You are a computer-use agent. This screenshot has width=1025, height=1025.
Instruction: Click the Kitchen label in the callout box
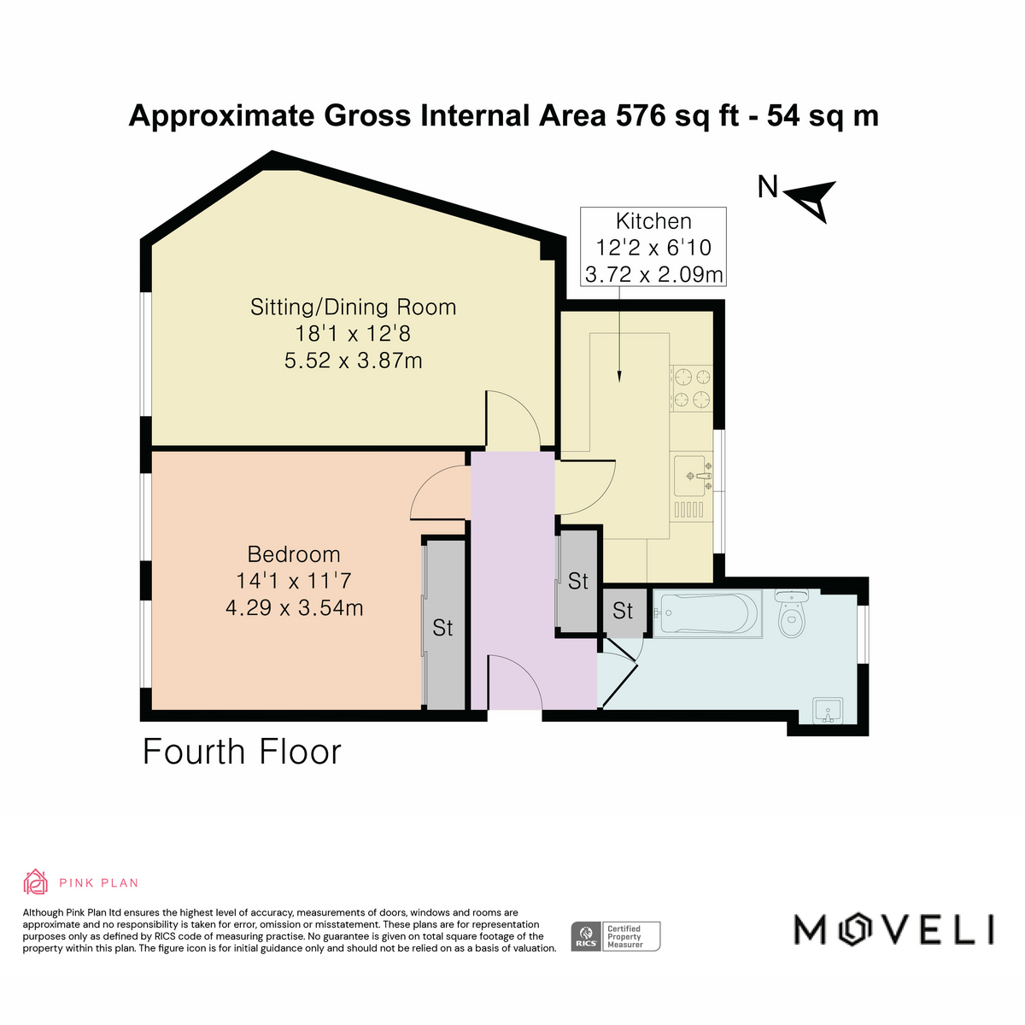click(653, 220)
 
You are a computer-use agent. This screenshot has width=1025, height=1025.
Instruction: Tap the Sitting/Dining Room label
click(353, 307)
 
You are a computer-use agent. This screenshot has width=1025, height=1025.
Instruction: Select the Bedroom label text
click(294, 554)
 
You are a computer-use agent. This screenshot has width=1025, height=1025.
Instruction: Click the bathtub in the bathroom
click(707, 613)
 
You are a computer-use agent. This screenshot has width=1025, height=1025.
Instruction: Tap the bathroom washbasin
click(829, 712)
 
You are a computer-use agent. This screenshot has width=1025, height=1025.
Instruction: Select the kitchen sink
click(692, 476)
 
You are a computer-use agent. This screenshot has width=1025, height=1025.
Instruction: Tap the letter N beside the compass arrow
click(768, 187)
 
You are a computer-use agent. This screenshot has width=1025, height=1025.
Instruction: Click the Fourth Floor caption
click(242, 753)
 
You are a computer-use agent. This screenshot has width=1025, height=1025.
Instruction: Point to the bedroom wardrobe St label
click(442, 628)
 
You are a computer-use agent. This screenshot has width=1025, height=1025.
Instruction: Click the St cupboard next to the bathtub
click(623, 611)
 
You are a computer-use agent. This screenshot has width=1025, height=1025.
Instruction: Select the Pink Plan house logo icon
click(36, 881)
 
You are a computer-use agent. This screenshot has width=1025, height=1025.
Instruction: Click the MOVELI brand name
click(893, 929)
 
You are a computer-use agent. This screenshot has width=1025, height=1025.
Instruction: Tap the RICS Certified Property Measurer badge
click(615, 936)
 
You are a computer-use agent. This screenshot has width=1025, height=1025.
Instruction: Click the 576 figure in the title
click(641, 115)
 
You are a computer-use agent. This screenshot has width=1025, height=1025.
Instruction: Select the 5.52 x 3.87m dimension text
click(353, 360)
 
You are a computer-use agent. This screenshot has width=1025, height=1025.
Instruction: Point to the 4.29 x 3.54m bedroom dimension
click(294, 607)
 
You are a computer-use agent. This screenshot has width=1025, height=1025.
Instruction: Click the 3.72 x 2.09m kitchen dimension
click(653, 274)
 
